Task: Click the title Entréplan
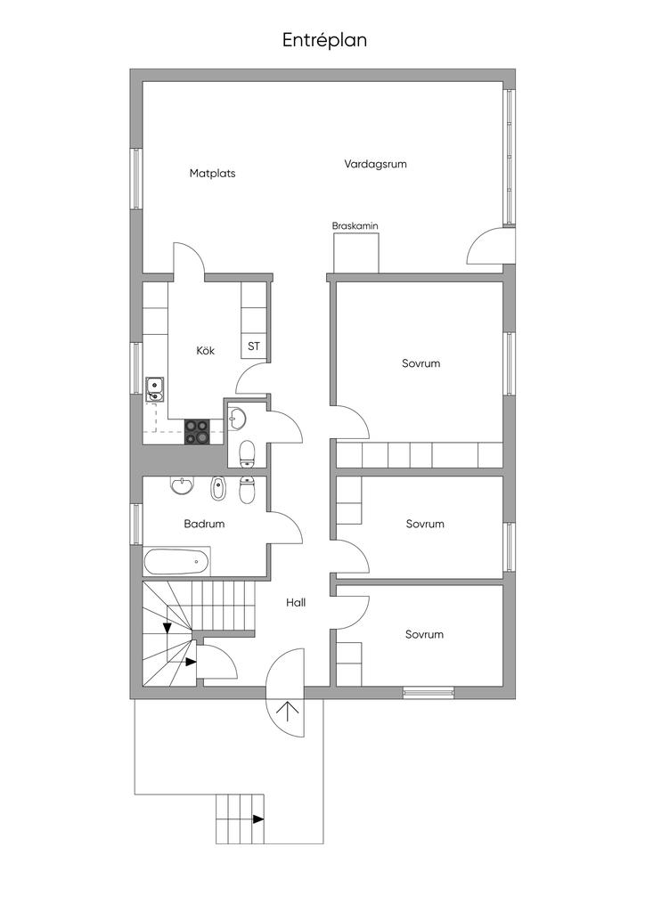[324, 40]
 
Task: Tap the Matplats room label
[212, 174]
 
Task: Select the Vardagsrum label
[375, 164]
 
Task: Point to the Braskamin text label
[355, 226]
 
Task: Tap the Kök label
[206, 351]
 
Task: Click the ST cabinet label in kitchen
[254, 346]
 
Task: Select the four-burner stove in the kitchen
[198, 432]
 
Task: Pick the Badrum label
[204, 524]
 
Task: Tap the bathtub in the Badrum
[177, 562]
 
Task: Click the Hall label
[296, 603]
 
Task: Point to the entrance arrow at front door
[288, 710]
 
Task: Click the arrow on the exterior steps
[257, 818]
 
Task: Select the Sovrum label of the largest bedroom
[420, 363]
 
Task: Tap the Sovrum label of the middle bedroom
[424, 524]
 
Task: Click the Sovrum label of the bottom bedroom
[424, 634]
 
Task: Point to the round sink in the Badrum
[183, 486]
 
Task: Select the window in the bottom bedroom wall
[429, 692]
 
